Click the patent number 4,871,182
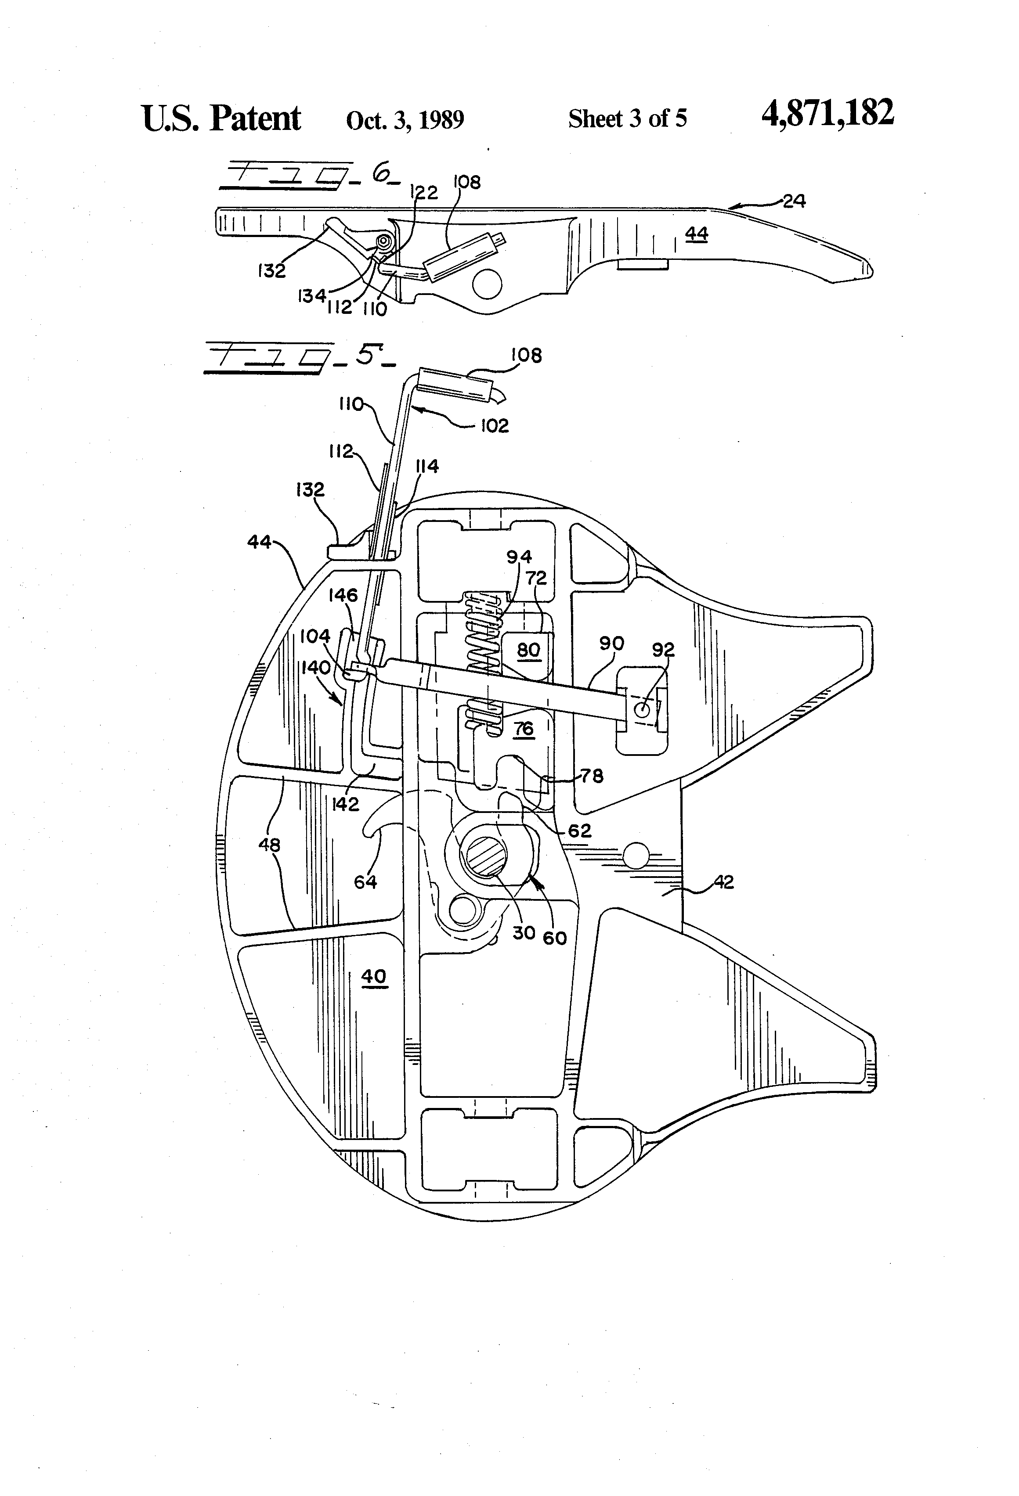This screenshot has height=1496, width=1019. [x=827, y=114]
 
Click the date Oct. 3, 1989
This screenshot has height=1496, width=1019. [x=405, y=120]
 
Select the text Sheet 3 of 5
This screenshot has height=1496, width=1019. [x=627, y=119]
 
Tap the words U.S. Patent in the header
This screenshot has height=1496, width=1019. [x=221, y=119]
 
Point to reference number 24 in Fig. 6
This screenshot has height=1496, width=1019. [x=794, y=201]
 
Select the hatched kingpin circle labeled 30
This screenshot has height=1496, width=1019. [x=483, y=856]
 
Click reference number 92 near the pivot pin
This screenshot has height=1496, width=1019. [x=663, y=650]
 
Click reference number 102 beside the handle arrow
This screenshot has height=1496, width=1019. [x=494, y=425]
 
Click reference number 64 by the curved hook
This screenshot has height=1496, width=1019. [x=365, y=881]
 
